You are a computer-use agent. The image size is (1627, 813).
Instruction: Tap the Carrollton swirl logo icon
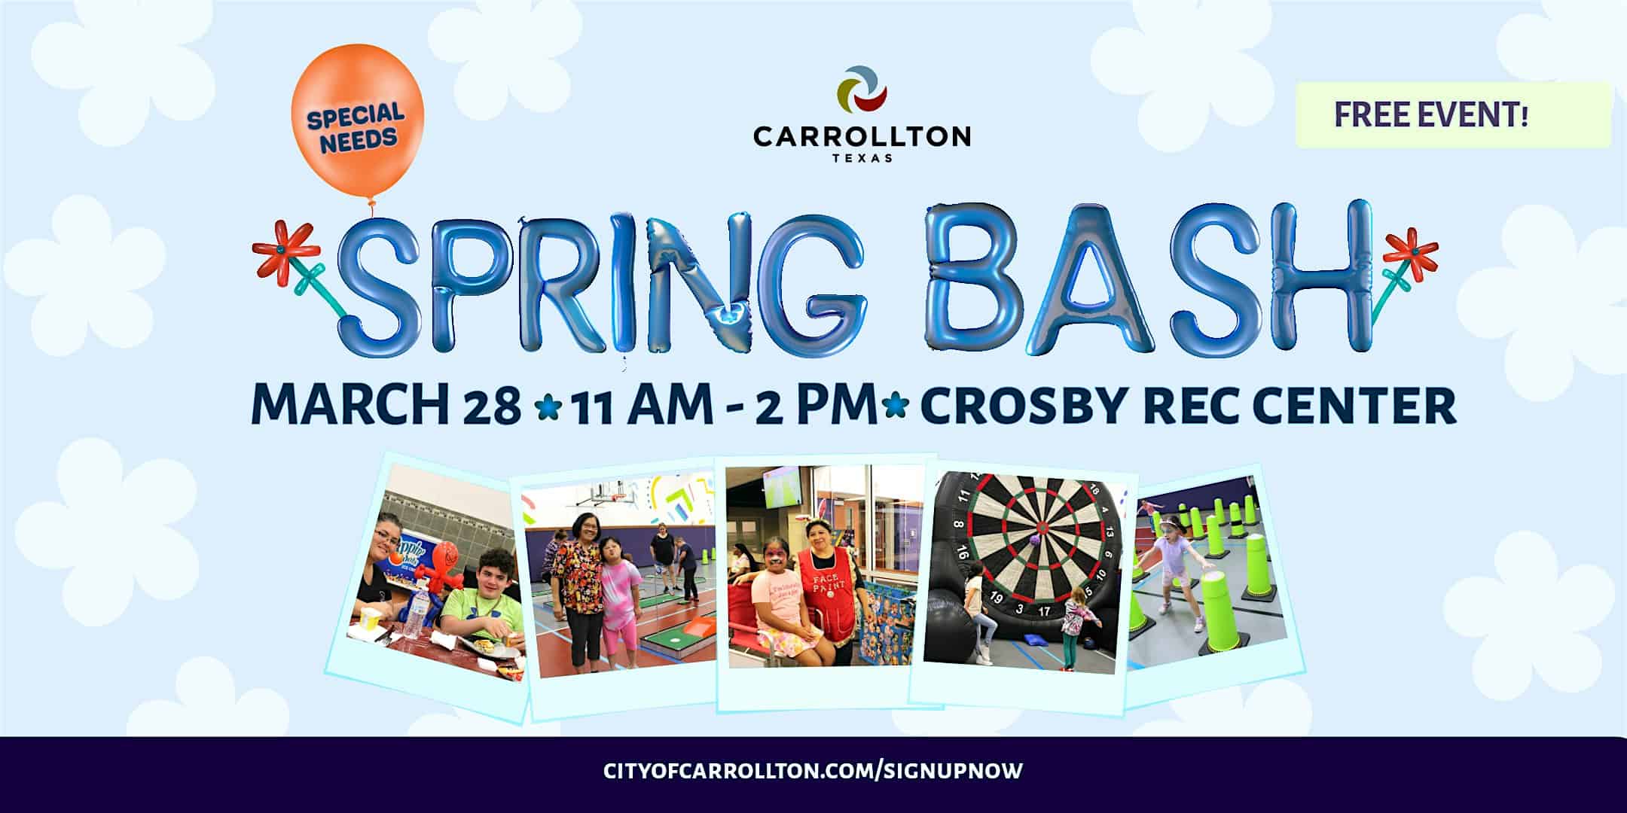coord(862,94)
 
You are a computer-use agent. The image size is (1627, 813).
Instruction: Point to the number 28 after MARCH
coord(494,407)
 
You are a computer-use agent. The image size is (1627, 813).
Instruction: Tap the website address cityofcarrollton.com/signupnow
coord(813,771)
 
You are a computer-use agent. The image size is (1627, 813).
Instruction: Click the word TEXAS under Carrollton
coord(862,158)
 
